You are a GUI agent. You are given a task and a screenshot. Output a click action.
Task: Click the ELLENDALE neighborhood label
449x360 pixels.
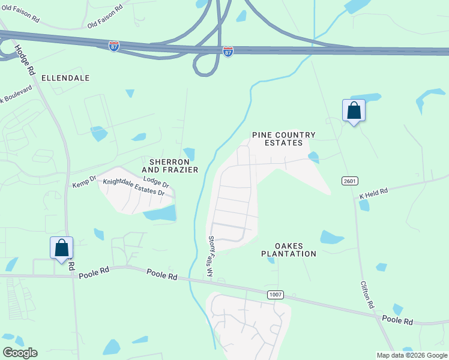(65, 78)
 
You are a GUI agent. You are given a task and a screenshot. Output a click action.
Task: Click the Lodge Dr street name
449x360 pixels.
(156, 182)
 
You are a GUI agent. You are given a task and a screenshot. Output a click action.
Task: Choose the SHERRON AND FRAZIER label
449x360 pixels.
(170, 166)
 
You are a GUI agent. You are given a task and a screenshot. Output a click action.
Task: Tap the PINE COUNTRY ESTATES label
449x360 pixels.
(283, 139)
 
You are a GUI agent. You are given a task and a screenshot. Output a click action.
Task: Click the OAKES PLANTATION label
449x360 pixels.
(289, 250)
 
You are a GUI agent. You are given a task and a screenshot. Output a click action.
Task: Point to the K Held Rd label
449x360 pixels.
(374, 193)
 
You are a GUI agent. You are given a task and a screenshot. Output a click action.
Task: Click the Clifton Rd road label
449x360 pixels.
(368, 295)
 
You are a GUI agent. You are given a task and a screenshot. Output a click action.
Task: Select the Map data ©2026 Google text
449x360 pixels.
(412, 355)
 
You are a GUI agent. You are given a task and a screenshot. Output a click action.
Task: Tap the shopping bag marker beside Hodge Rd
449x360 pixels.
(61, 248)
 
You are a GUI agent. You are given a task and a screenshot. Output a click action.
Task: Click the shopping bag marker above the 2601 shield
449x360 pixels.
(354, 110)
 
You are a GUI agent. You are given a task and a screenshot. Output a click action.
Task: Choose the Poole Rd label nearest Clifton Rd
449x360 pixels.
(397, 322)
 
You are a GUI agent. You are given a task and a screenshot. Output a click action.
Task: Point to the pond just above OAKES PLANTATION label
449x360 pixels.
(331, 236)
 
